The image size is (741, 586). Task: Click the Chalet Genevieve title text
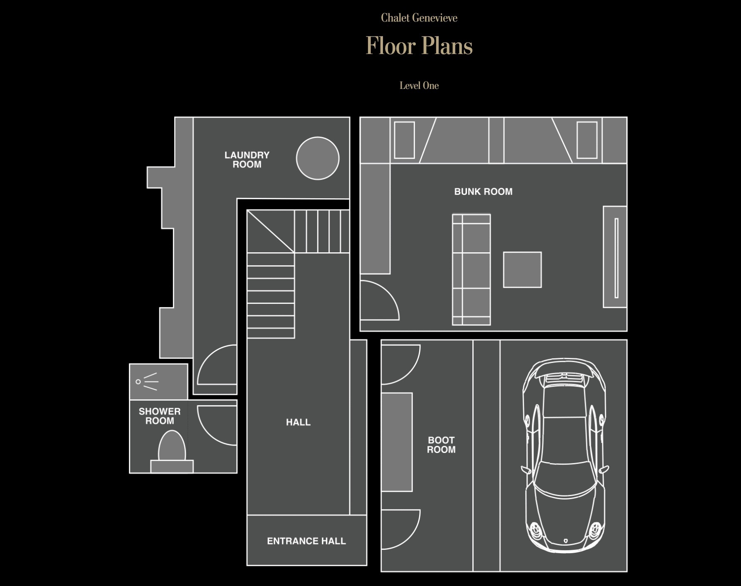(x=419, y=18)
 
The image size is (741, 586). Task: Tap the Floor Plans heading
(x=419, y=45)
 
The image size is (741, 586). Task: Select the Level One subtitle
(x=419, y=86)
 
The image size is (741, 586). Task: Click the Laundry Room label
(x=247, y=160)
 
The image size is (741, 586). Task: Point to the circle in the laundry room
(x=318, y=158)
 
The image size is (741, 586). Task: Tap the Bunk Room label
(x=483, y=192)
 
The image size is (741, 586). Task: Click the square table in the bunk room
(x=522, y=270)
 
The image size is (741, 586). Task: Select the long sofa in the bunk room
(x=472, y=269)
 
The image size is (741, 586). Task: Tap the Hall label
(x=298, y=422)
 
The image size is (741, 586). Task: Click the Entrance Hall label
(x=306, y=541)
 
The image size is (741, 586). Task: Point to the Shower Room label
(x=160, y=416)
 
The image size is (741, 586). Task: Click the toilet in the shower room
(x=172, y=451)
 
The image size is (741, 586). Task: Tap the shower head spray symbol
(x=147, y=382)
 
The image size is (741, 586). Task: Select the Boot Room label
(x=441, y=445)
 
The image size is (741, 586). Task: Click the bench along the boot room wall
(x=397, y=442)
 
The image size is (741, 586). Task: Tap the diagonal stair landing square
(x=271, y=231)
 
